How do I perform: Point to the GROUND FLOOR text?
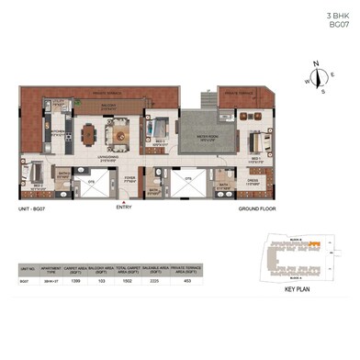259,210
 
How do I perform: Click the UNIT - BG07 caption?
34,210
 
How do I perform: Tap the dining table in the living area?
88,136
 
